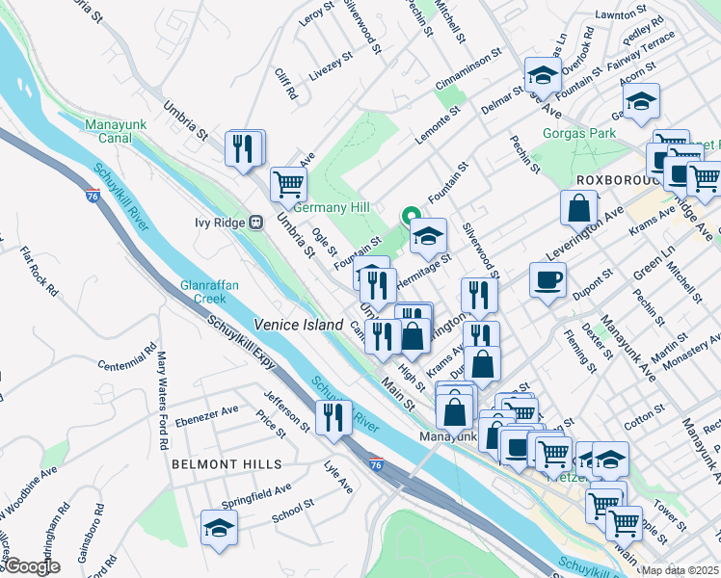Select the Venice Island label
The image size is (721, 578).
tap(298, 325)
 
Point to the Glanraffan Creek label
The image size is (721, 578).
tap(202, 292)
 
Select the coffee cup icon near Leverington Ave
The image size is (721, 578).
tap(547, 279)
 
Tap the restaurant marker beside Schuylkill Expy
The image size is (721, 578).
tap(333, 417)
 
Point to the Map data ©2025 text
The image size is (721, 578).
tap(679, 570)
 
